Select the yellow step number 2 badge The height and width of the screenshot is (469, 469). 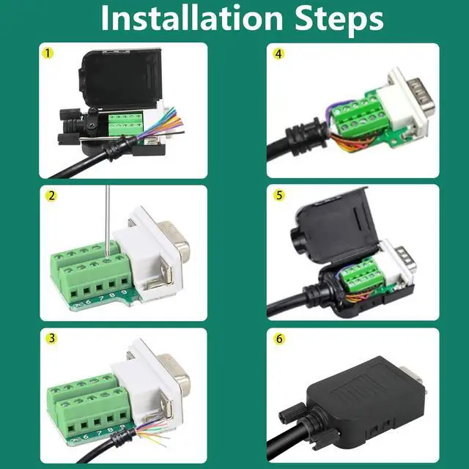[51, 196]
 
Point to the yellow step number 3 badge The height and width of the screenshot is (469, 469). [51, 339]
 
